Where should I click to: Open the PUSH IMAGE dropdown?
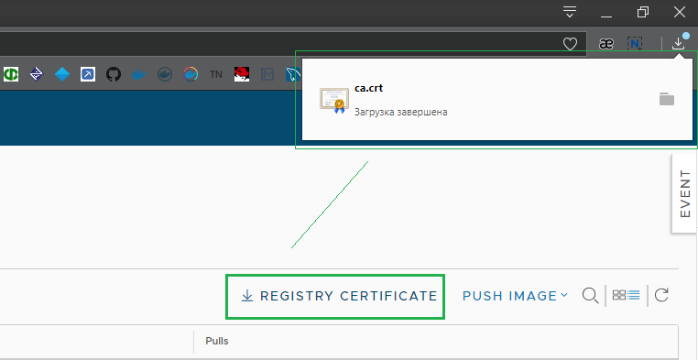click(x=515, y=296)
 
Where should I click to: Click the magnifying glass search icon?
click(x=591, y=295)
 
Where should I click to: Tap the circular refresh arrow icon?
click(x=662, y=295)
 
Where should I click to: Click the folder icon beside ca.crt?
click(x=667, y=99)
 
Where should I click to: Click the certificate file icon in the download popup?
click(x=333, y=100)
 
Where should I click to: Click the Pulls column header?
click(x=217, y=341)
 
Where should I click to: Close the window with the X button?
click(x=679, y=12)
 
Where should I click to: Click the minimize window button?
click(x=606, y=12)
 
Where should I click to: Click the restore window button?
click(x=643, y=12)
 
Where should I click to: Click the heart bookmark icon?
click(x=570, y=43)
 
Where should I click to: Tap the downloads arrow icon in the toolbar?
click(x=678, y=43)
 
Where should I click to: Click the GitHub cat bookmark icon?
click(x=114, y=74)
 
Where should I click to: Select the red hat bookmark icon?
click(x=242, y=74)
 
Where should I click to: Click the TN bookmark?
click(x=216, y=74)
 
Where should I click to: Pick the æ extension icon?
click(x=605, y=43)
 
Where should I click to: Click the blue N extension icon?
click(x=635, y=43)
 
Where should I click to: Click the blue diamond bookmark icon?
click(x=62, y=74)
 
